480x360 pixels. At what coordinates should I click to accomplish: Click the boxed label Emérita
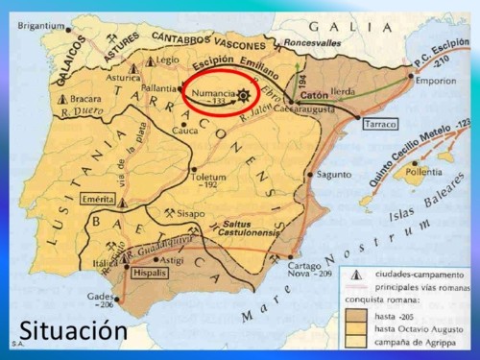click(x=100, y=199)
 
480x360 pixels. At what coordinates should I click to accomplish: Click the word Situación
click(x=72, y=329)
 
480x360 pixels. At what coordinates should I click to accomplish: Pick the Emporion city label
click(x=436, y=81)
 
